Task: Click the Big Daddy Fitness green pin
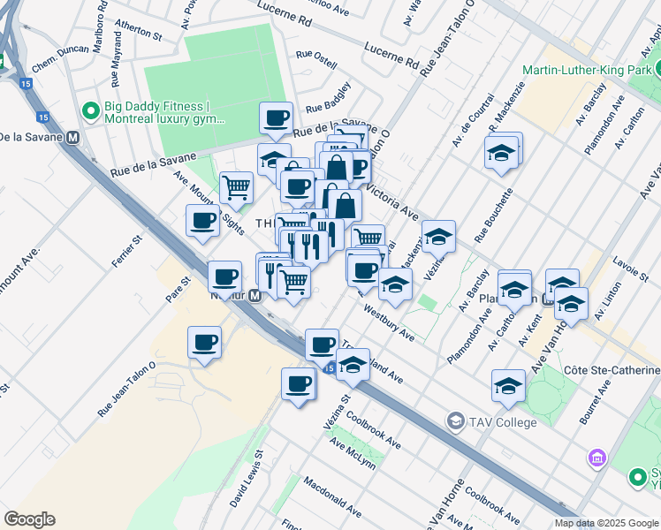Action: point(89,111)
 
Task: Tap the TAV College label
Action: point(503,422)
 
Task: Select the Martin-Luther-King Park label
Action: point(588,70)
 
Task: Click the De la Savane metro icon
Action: point(72,137)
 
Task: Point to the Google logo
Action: point(29,519)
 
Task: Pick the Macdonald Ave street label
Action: point(332,498)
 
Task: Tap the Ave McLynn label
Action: point(353,454)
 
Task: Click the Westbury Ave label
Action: point(389,323)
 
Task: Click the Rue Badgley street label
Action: point(329,97)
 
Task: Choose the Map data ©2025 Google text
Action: point(605,523)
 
